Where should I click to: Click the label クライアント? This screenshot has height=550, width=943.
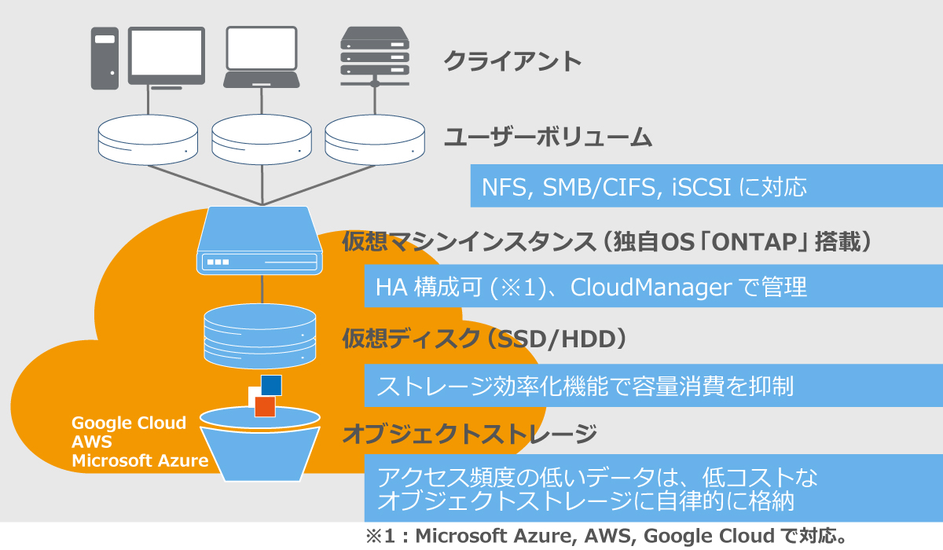(x=512, y=60)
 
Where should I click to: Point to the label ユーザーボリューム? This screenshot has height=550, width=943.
(x=548, y=137)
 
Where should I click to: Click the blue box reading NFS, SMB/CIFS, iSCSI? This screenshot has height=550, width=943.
(x=706, y=186)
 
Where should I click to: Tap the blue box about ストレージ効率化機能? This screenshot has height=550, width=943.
(x=652, y=387)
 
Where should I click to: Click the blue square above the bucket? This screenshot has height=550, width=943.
(x=271, y=385)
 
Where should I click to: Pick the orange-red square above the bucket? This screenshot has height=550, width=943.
(x=265, y=406)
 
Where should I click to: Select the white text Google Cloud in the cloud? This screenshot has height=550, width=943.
(x=129, y=423)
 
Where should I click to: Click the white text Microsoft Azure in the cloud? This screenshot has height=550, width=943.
(x=140, y=460)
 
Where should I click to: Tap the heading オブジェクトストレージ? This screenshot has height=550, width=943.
(x=469, y=433)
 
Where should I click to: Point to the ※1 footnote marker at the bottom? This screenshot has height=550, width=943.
(x=382, y=537)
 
